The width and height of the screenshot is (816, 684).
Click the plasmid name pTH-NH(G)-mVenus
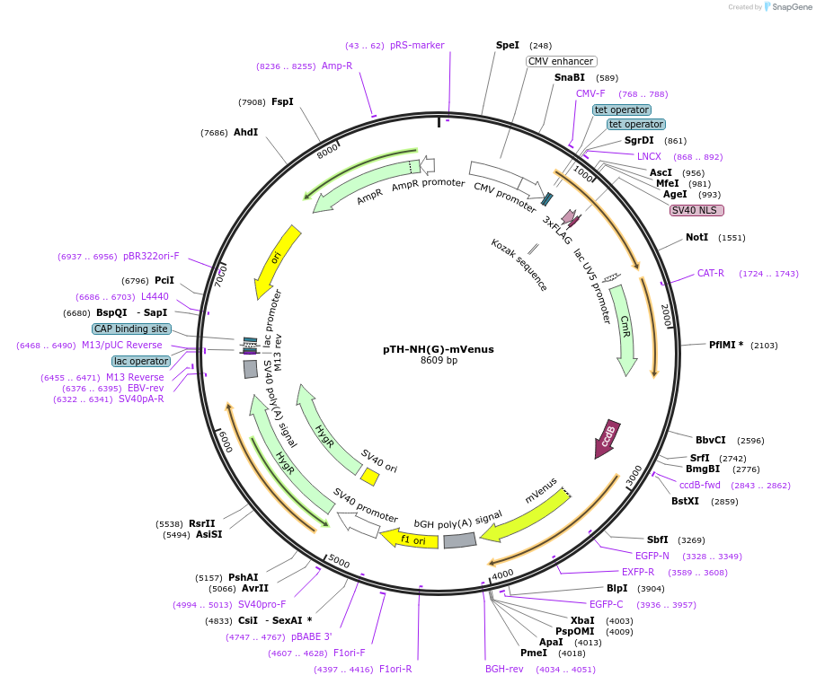[439, 349]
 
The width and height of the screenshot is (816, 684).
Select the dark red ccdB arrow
[607, 437]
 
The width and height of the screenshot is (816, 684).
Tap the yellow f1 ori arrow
[410, 539]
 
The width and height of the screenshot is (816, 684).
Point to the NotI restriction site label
[696, 237]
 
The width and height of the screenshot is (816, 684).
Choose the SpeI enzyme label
[508, 45]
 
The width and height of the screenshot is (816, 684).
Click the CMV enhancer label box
[561, 61]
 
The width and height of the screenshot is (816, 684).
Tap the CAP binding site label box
[131, 329]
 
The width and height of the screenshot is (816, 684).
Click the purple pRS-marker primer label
[417, 45]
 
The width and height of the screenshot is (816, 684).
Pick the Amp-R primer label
[337, 66]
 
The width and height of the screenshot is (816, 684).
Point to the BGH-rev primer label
[504, 669]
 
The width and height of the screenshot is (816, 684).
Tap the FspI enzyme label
[282, 101]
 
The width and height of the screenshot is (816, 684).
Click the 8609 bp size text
[439, 361]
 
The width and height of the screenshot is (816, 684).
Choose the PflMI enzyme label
[726, 345]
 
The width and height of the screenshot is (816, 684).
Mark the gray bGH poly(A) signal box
[459, 539]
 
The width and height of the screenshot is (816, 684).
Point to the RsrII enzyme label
[201, 523]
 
